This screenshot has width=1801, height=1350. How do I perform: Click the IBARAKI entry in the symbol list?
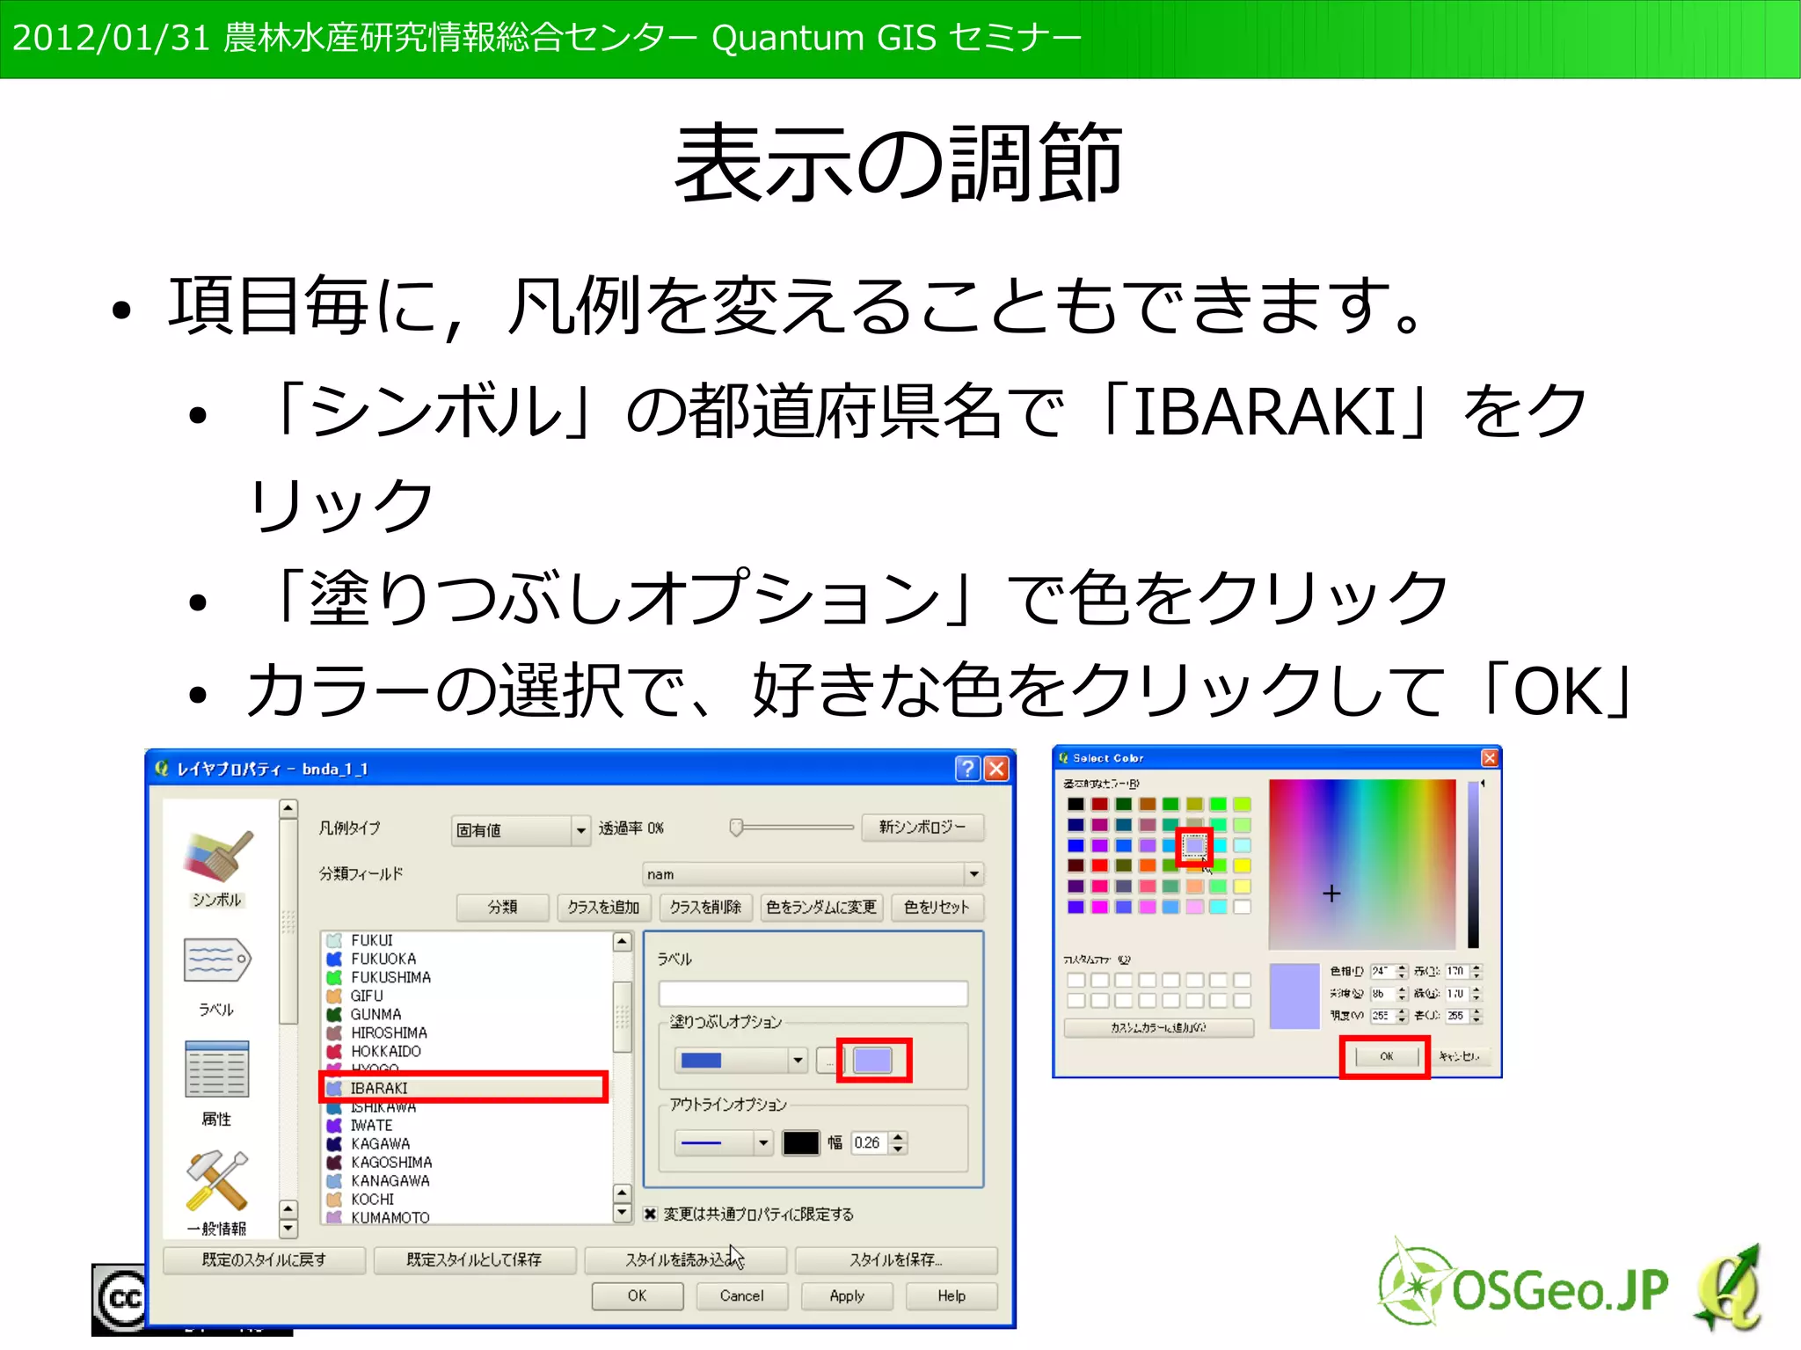tap(379, 1088)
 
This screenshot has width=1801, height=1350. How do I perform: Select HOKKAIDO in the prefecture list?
tap(385, 1051)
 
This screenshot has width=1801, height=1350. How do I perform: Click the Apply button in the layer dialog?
tap(846, 1295)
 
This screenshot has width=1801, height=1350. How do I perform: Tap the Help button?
tap(951, 1295)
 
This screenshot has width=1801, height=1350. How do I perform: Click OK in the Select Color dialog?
tap(1386, 1056)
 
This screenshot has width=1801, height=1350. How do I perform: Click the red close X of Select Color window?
tap(1490, 758)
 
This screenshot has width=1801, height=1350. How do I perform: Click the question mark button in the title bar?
tap(967, 769)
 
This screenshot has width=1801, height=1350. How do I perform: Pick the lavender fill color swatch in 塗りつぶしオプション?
tap(872, 1060)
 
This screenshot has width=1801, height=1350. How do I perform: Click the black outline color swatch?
tap(800, 1142)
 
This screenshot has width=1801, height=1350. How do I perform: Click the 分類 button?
tap(503, 907)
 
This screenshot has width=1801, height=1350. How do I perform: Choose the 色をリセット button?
tap(936, 907)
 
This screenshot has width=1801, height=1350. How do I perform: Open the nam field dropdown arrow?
tap(973, 874)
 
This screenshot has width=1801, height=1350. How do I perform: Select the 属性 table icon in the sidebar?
tap(217, 1069)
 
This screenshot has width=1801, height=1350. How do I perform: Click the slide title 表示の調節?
tap(899, 163)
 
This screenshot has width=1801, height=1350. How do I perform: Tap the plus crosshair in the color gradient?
tap(1331, 894)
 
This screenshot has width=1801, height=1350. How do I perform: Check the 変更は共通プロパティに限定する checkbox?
tap(650, 1214)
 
